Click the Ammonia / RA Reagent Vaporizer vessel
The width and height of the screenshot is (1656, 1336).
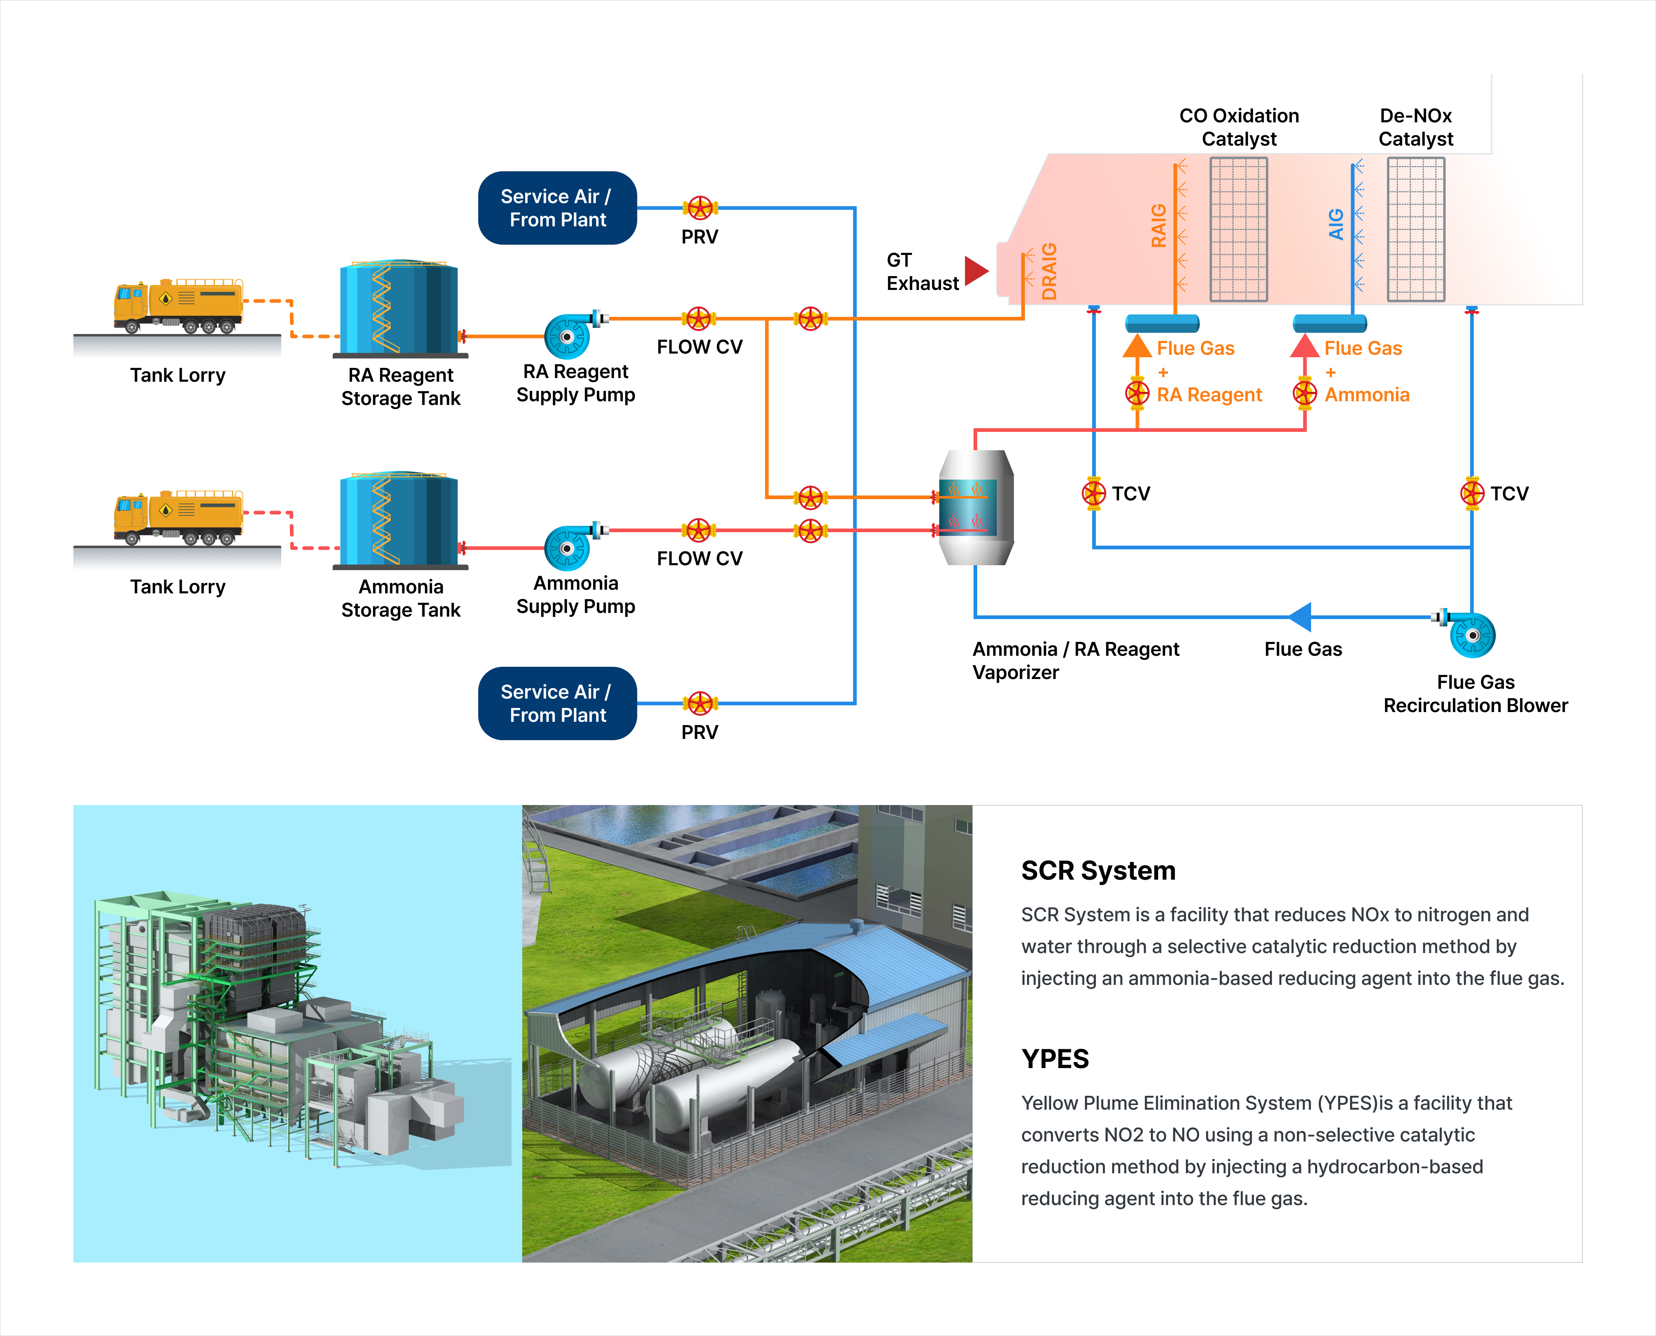pos(975,508)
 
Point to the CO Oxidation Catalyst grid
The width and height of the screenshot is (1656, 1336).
pos(1239,229)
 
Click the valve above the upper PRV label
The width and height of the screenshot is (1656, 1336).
pos(699,208)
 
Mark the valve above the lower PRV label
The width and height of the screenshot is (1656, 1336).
pos(699,703)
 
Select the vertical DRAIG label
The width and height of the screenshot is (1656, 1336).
pos(1049,271)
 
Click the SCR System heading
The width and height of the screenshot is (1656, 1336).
pos(1097,870)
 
